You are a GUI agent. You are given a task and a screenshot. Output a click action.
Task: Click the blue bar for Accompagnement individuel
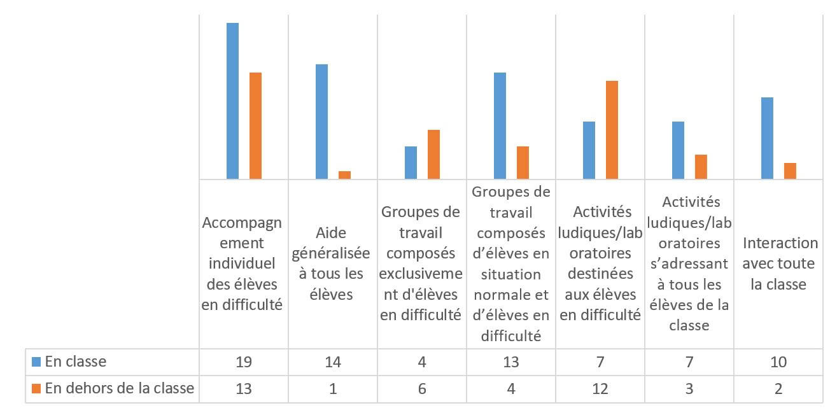(233, 101)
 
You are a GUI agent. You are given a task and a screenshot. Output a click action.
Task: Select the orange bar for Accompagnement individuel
(255, 125)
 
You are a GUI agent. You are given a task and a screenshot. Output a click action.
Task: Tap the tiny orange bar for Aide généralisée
(344, 175)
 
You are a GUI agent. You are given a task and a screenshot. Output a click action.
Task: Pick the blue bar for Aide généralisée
(322, 122)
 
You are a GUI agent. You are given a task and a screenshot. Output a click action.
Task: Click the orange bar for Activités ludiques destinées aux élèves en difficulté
(612, 130)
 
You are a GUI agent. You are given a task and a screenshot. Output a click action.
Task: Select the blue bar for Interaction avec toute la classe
(768, 138)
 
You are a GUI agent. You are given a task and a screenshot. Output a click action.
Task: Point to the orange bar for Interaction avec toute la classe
(790, 171)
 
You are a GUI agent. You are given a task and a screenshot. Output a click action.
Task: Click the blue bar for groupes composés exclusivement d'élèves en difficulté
(411, 163)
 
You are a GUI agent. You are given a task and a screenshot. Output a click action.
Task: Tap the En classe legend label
(76, 362)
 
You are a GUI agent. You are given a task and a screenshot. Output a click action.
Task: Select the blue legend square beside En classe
(37, 362)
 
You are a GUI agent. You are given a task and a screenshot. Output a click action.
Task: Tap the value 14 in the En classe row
(333, 362)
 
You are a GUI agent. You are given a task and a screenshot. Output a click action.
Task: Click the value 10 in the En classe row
(778, 362)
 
